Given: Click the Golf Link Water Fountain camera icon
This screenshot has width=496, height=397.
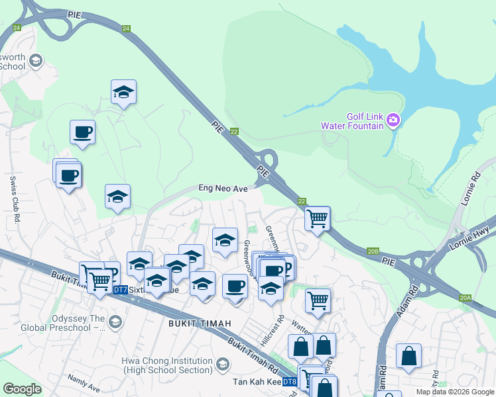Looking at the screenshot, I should pos(393,119).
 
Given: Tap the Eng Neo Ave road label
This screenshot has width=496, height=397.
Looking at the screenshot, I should pos(223,189).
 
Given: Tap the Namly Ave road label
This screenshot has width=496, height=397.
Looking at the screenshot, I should pos(84,382).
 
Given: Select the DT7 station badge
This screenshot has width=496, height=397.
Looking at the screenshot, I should pos(120,290).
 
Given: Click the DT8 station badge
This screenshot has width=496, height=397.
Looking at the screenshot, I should pos(289,382).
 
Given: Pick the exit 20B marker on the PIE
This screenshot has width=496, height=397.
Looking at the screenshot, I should pos(373,251).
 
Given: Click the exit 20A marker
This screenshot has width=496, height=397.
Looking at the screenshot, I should pos(465,298).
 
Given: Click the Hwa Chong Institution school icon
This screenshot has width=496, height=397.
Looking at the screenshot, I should pos(222,364).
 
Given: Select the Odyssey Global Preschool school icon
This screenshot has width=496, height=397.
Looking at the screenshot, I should pos(115,322).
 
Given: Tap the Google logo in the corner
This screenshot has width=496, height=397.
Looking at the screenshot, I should pos(22,389).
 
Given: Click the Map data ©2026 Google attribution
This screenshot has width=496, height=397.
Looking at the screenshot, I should pos(454,392).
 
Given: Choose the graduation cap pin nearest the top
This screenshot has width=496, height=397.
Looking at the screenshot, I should pos(123,92).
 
